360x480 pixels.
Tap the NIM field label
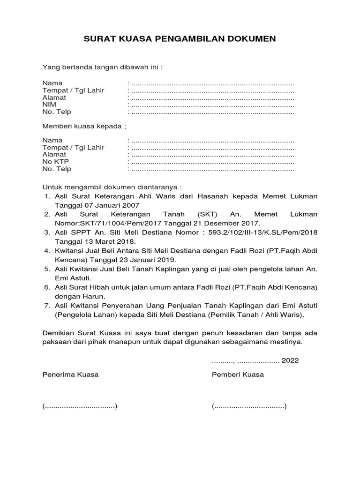tap(49, 105)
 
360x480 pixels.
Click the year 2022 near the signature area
tap(290, 361)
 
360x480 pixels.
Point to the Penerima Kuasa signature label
tap(70, 375)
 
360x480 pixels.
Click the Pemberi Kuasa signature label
tap(238, 375)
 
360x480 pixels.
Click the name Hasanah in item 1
tap(213, 196)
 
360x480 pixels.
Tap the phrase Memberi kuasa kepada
tap(84, 127)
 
